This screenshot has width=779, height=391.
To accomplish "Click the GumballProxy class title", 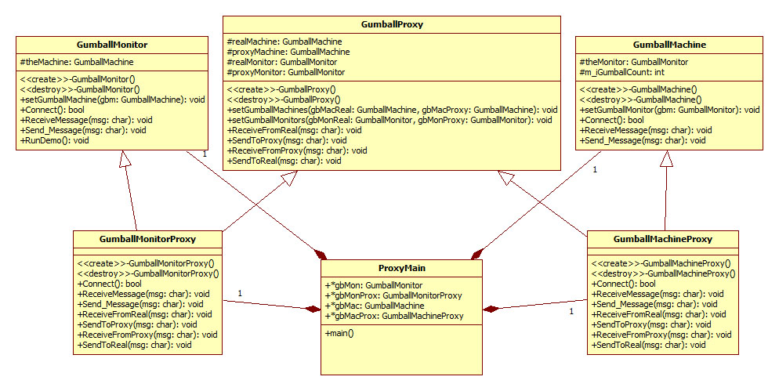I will (392, 25).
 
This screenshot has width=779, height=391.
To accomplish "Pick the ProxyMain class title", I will (401, 268).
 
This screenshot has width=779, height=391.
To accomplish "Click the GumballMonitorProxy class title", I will (148, 238).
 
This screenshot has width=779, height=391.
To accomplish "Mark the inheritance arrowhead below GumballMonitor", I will (123, 159).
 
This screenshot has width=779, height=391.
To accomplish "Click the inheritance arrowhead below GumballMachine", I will (666, 159).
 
